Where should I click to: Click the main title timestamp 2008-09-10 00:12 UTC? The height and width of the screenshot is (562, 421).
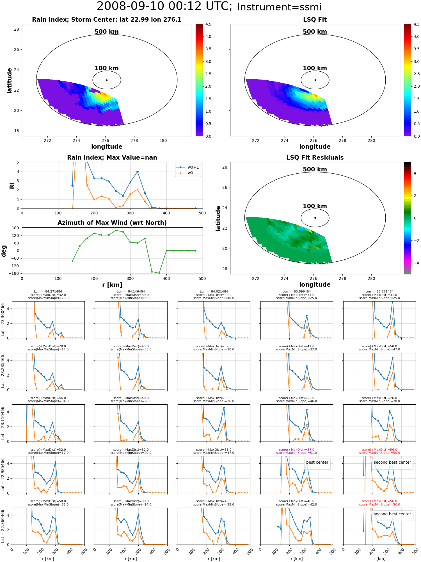pos(164,6)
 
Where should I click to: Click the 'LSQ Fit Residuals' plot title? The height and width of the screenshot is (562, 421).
pos(315,158)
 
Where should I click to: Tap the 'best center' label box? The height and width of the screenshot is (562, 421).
pos(317,462)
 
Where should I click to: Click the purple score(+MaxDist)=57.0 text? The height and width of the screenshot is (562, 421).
pos(296,450)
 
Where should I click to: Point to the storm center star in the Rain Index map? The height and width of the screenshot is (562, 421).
pos(107,80)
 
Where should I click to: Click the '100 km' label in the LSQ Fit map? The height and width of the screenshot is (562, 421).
pos(315,68)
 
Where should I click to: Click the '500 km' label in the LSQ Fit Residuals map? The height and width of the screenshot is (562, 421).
pos(315,169)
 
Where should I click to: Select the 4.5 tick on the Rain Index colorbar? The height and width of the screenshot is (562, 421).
pos(208,24)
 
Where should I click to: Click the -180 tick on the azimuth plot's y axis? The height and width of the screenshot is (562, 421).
pos(15,273)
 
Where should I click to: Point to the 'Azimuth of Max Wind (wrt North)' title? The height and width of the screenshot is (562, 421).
pos(112,223)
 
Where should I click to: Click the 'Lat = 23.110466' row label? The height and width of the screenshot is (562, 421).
pos(3,423)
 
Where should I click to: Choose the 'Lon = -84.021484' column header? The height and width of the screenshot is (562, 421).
pos(214,291)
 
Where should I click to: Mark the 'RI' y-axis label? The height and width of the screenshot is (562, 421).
pos(12,185)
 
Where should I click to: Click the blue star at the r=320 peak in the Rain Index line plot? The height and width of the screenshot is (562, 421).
pos(138,172)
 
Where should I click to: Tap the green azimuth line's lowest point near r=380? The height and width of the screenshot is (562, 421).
pos(159,273)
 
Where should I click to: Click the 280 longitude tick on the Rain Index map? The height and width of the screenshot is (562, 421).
pos(163,140)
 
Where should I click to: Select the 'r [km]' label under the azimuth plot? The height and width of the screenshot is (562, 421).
pos(112,285)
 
